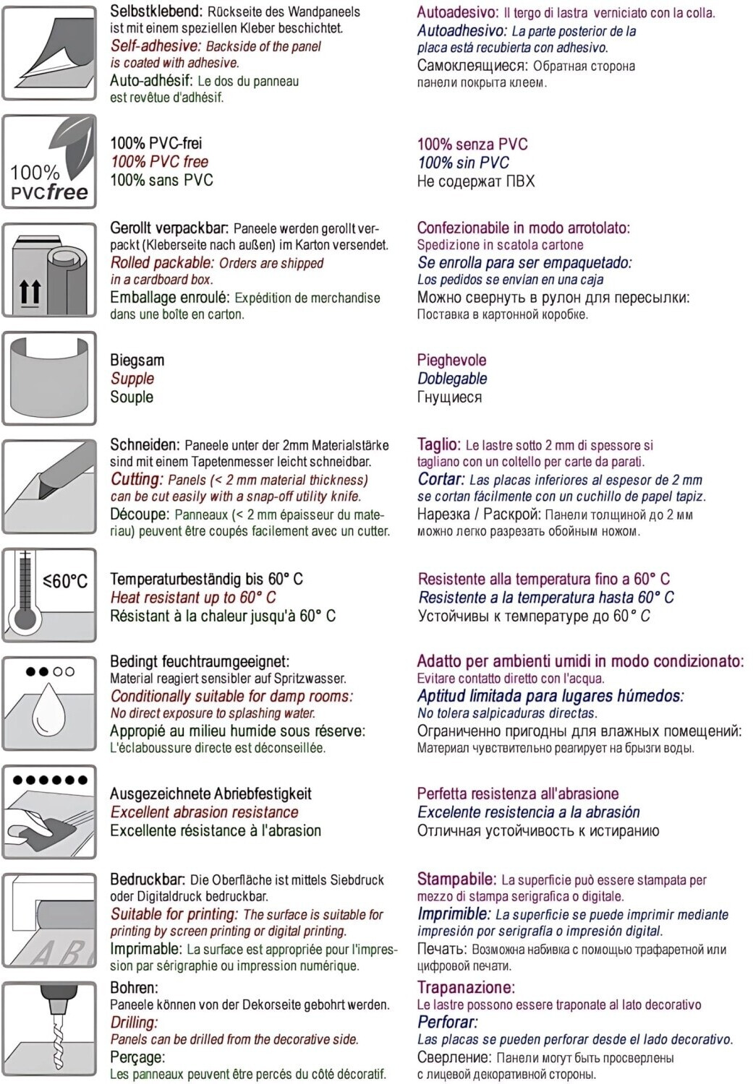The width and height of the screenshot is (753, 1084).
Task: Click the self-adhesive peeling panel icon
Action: point(49,53)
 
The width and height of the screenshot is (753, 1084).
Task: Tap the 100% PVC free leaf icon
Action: point(49,161)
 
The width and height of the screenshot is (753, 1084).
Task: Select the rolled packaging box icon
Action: point(49,270)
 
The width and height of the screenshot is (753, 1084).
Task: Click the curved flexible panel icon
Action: point(49,378)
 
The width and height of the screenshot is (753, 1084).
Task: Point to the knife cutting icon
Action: point(49,486)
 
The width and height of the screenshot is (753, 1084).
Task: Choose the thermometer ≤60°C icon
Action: point(49,595)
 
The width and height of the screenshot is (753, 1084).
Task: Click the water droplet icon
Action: point(49,703)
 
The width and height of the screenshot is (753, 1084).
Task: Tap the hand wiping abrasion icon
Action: point(49,812)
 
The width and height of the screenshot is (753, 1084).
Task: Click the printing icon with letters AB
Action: point(49,920)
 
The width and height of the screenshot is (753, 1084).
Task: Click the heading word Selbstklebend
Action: point(156,12)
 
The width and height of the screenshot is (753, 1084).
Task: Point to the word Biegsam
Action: point(137,360)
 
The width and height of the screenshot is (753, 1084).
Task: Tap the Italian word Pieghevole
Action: point(451,360)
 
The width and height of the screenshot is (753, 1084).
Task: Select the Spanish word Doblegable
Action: point(452,379)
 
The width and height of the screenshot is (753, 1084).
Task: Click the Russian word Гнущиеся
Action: point(449,397)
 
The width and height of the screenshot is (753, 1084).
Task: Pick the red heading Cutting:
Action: point(137,479)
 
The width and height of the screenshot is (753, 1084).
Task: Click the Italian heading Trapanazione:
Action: point(466,987)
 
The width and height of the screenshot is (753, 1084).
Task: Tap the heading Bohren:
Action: point(134,987)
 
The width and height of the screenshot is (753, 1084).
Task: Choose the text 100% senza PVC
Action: point(472,144)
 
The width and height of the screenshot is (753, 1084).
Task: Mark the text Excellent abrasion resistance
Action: point(204,812)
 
